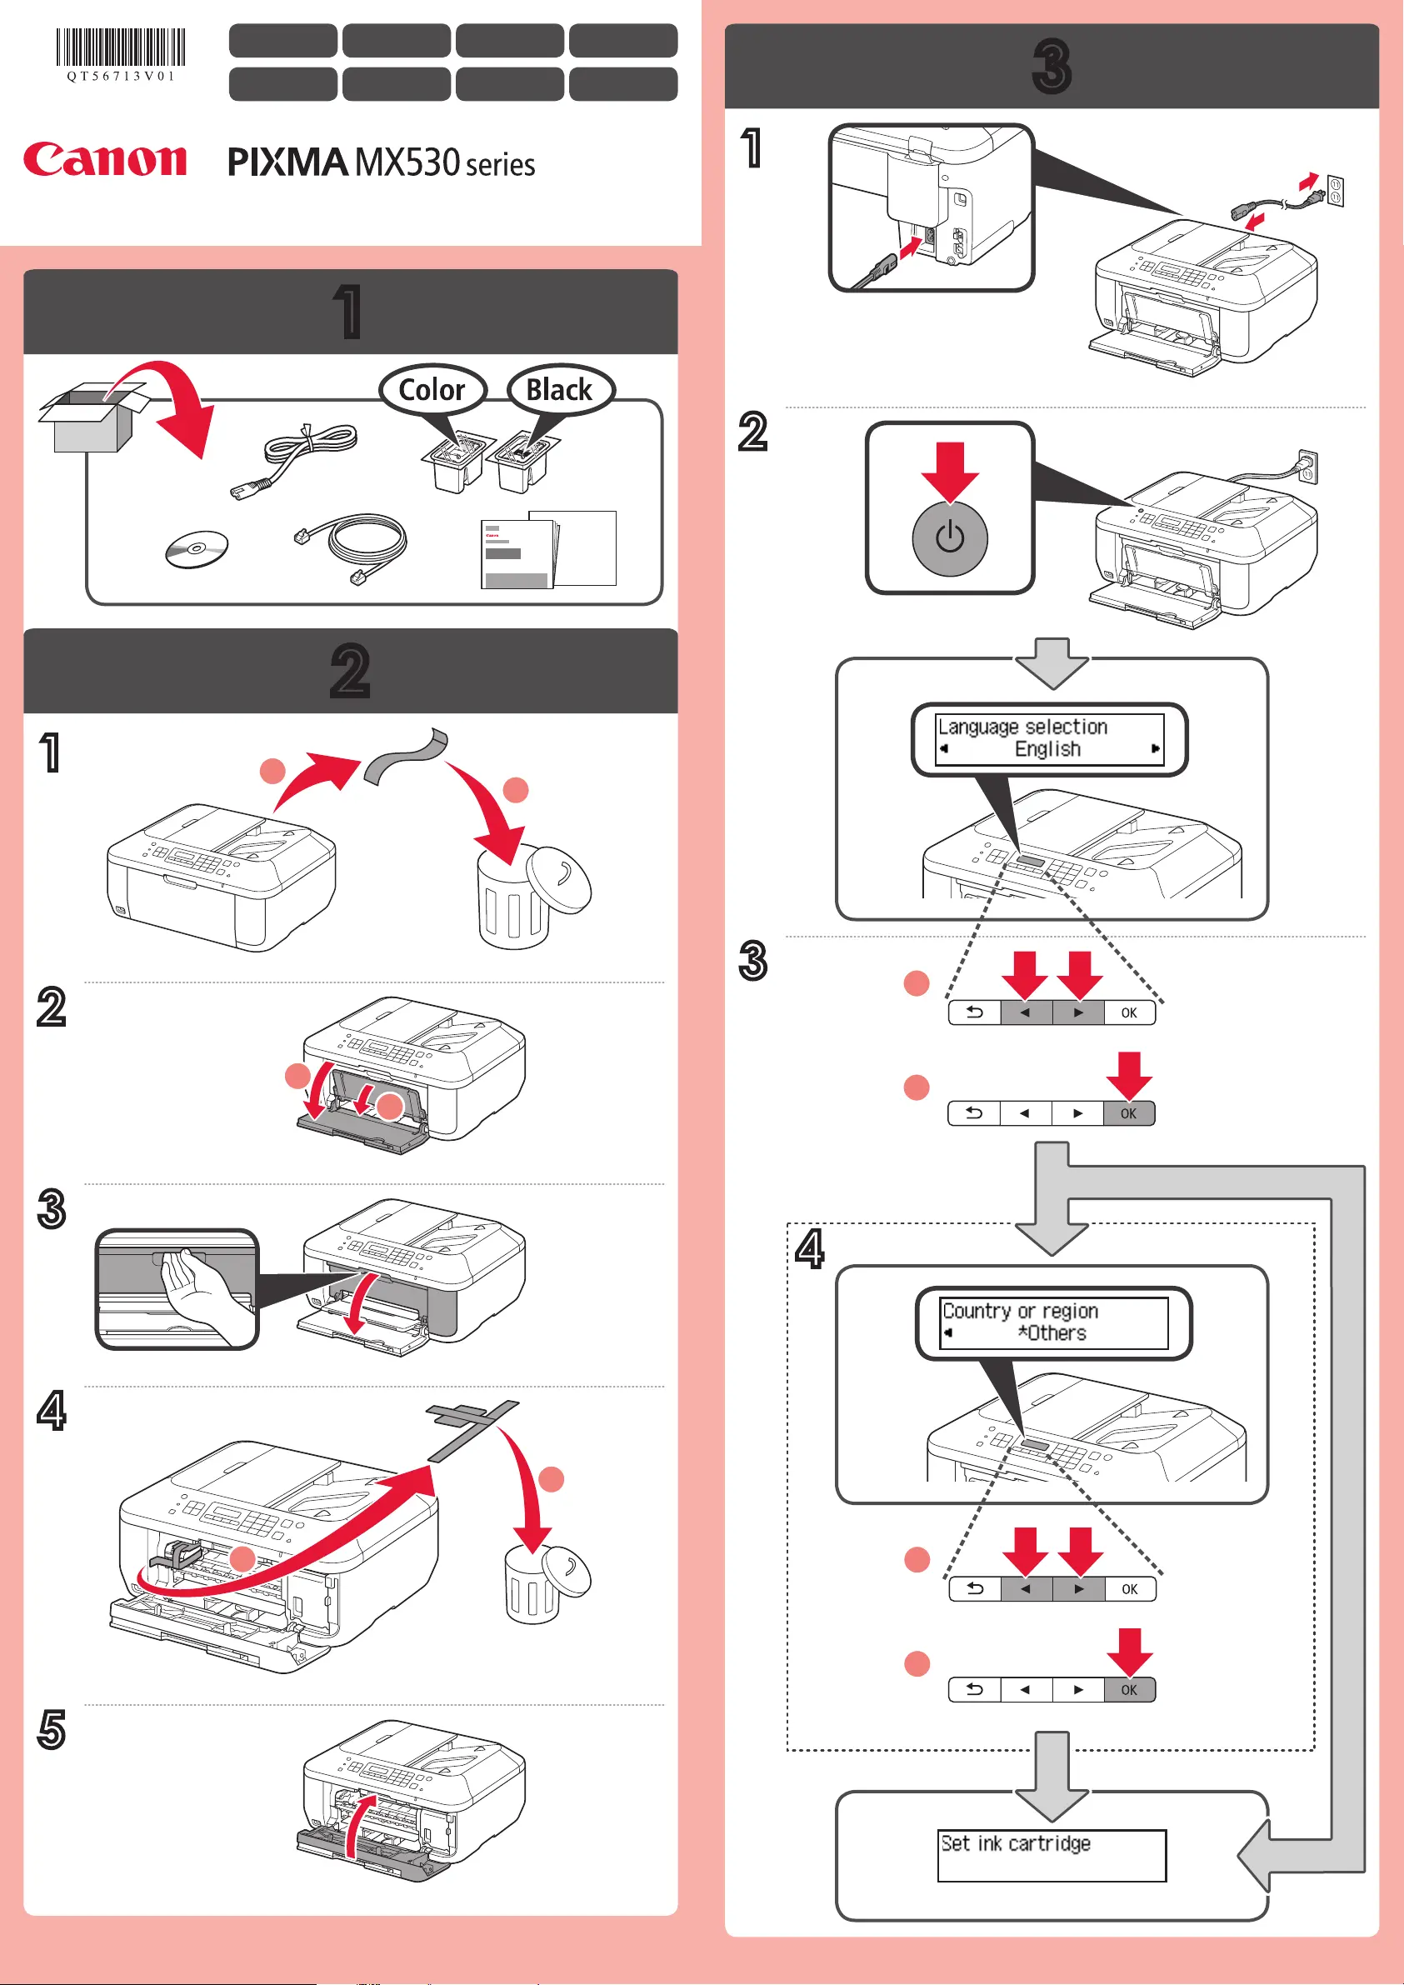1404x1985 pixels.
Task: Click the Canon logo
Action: point(105,160)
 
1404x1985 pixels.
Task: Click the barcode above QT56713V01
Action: point(121,47)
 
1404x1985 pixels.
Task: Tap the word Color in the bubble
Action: point(432,390)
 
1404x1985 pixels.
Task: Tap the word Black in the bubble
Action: point(559,390)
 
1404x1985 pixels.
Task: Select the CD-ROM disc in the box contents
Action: point(197,550)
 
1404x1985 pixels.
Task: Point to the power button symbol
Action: point(949,537)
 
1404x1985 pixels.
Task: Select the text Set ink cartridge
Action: point(1015,1844)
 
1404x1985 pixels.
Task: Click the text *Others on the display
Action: point(1052,1333)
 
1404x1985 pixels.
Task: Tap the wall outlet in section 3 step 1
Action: point(1335,191)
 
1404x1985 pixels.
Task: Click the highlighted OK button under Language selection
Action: point(1128,1113)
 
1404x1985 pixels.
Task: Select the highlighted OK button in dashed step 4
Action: point(1129,1689)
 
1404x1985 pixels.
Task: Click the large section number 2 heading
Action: point(350,671)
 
